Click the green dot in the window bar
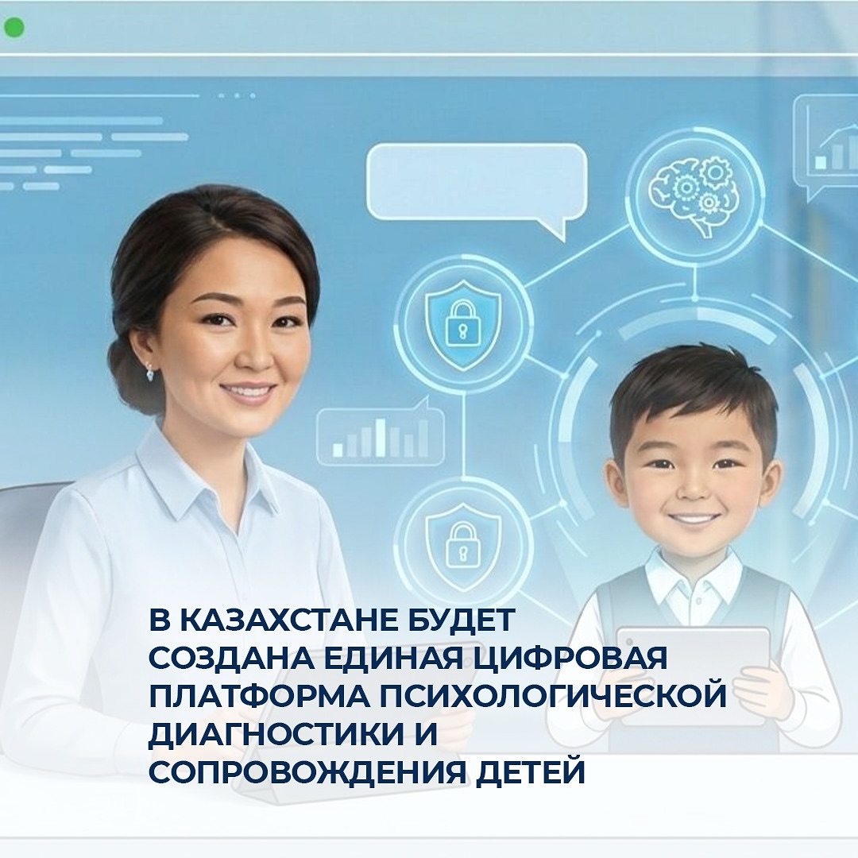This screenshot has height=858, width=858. (14, 29)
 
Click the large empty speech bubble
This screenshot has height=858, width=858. (477, 183)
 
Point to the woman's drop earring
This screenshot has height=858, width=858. (149, 371)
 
